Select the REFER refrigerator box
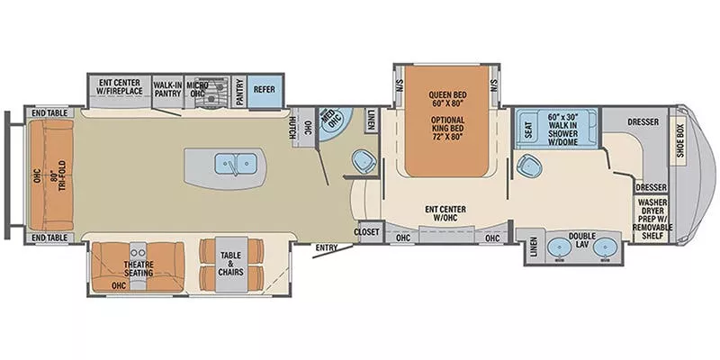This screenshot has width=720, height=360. [264, 90]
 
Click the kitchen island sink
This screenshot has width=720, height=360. [236, 164]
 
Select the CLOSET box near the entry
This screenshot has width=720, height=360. [367, 231]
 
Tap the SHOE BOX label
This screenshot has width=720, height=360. [681, 141]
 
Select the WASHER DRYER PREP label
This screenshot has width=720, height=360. [653, 217]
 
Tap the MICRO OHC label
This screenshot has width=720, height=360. [198, 89]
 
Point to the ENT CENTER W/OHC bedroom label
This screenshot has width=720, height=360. [443, 214]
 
